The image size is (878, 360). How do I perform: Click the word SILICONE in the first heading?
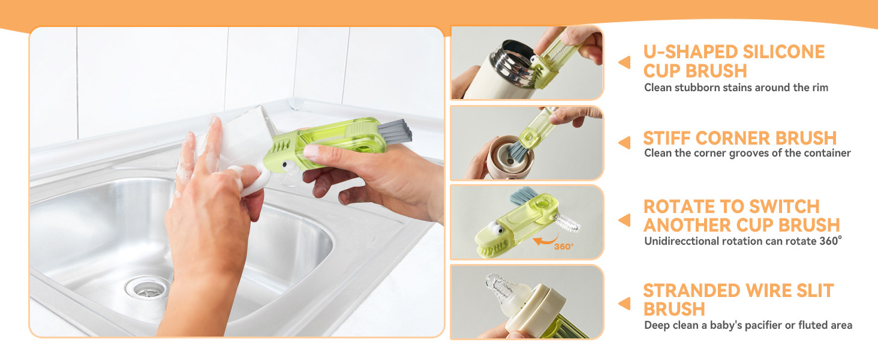(x=783, y=52)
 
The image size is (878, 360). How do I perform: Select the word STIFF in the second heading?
(x=666, y=139)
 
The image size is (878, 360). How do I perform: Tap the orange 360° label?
(x=564, y=246)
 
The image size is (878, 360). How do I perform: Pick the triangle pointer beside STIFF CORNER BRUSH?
(x=625, y=143)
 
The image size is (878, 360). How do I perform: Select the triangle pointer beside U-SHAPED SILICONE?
(x=625, y=62)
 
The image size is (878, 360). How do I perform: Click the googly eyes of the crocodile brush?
(x=495, y=228)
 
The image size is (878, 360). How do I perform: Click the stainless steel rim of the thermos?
(x=512, y=63)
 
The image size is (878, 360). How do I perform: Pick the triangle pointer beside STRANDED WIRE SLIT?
(x=625, y=304)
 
